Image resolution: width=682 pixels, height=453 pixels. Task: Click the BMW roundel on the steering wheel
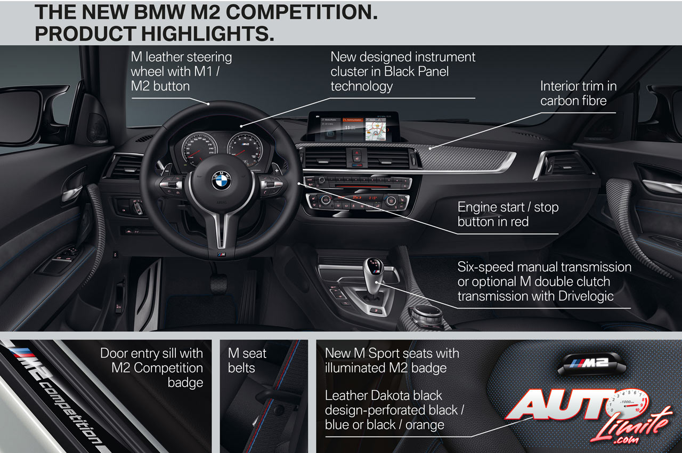click(x=221, y=182)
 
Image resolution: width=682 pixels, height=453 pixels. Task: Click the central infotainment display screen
click(x=353, y=128)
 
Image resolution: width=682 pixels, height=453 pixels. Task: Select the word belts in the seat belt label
click(x=241, y=368)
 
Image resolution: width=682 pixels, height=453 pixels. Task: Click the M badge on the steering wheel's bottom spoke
click(x=221, y=255)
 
